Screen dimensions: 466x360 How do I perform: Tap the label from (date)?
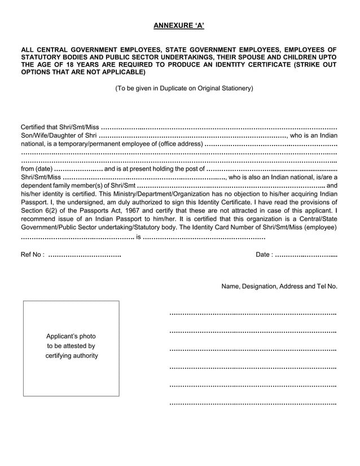tap(36, 169)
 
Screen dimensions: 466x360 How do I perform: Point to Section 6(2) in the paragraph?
tap(39, 210)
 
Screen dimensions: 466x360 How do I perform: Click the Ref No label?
tap(32, 255)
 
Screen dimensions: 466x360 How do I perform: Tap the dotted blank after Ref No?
tap(85, 255)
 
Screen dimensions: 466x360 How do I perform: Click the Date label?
tap(264, 255)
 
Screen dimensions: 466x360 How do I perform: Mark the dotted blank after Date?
tap(306, 255)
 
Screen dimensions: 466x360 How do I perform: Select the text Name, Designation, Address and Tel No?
tap(279, 287)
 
